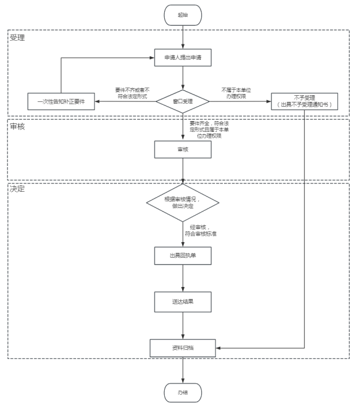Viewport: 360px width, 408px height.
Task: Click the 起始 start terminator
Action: [183, 14]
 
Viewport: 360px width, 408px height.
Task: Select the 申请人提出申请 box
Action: [183, 58]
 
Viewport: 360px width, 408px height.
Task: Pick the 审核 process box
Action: [183, 149]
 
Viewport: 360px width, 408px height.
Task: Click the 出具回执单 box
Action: [183, 255]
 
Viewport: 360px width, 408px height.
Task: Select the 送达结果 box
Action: [183, 302]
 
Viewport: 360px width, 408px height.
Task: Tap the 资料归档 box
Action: [183, 347]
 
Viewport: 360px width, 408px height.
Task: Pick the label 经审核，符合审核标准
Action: [200, 230]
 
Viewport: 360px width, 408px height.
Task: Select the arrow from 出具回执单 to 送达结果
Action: [183, 278]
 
